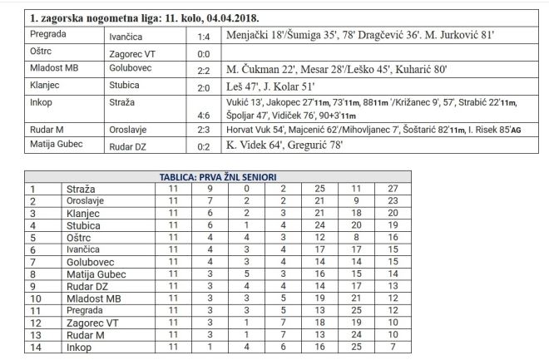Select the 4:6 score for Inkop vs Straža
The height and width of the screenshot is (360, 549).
pos(203,116)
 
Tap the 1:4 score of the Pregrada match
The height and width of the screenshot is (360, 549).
pos(203,37)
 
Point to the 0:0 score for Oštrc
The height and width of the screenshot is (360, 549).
pos(203,53)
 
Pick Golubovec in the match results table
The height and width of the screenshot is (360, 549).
pos(132,69)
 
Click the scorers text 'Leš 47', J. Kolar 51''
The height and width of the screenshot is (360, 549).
pos(272,86)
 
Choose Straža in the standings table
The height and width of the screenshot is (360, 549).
pos(80,189)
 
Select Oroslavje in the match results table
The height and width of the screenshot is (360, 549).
pos(132,132)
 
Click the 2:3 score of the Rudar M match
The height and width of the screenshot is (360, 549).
pos(203,132)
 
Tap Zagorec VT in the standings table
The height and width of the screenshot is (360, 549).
pos(91,322)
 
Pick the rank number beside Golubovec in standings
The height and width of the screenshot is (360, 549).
pos(33,261)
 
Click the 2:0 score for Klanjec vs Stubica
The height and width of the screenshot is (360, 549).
pos(203,86)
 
